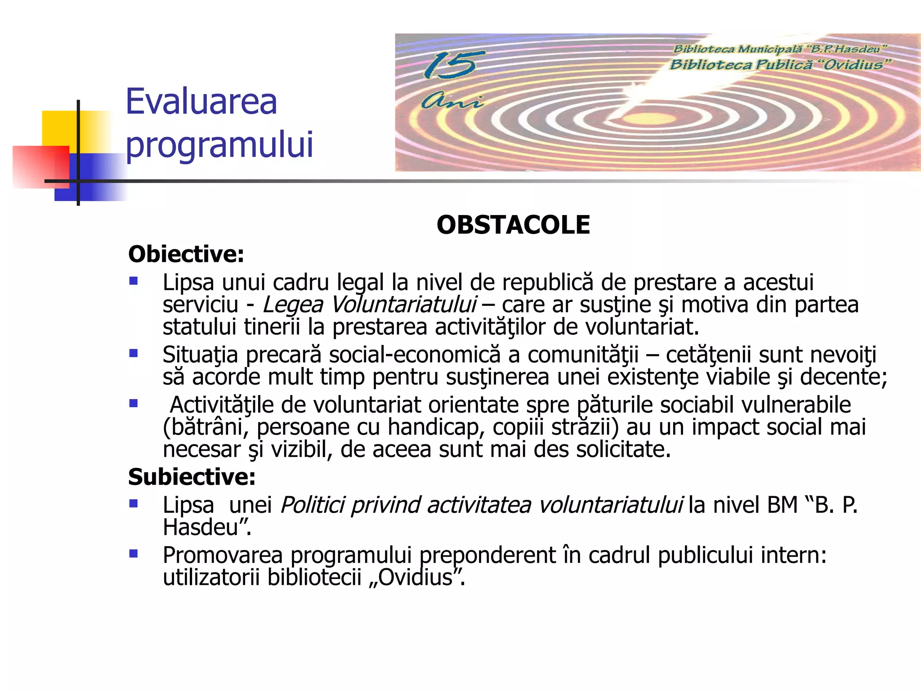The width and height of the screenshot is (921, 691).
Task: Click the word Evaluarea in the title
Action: pos(201,102)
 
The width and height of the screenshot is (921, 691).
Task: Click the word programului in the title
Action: pos(219,145)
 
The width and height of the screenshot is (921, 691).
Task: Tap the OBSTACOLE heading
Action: pos(513,225)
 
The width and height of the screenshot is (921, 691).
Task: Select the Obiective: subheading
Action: pos(186,254)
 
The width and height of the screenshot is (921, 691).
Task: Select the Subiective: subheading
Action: pos(192,477)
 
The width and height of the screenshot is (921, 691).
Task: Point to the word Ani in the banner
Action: pos(452,101)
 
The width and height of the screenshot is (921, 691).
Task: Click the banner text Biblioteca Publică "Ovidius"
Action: pos(780,65)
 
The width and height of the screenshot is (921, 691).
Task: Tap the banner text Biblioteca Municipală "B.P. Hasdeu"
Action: pos(780,49)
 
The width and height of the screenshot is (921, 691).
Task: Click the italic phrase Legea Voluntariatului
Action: pos(369,305)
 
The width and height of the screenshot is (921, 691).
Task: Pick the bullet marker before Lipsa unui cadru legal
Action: pos(134,282)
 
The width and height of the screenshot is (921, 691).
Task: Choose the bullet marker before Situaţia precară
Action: pos(134,354)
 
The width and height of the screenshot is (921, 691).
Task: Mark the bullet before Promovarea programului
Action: pos(134,554)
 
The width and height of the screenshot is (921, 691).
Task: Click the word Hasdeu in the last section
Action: pos(201,527)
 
